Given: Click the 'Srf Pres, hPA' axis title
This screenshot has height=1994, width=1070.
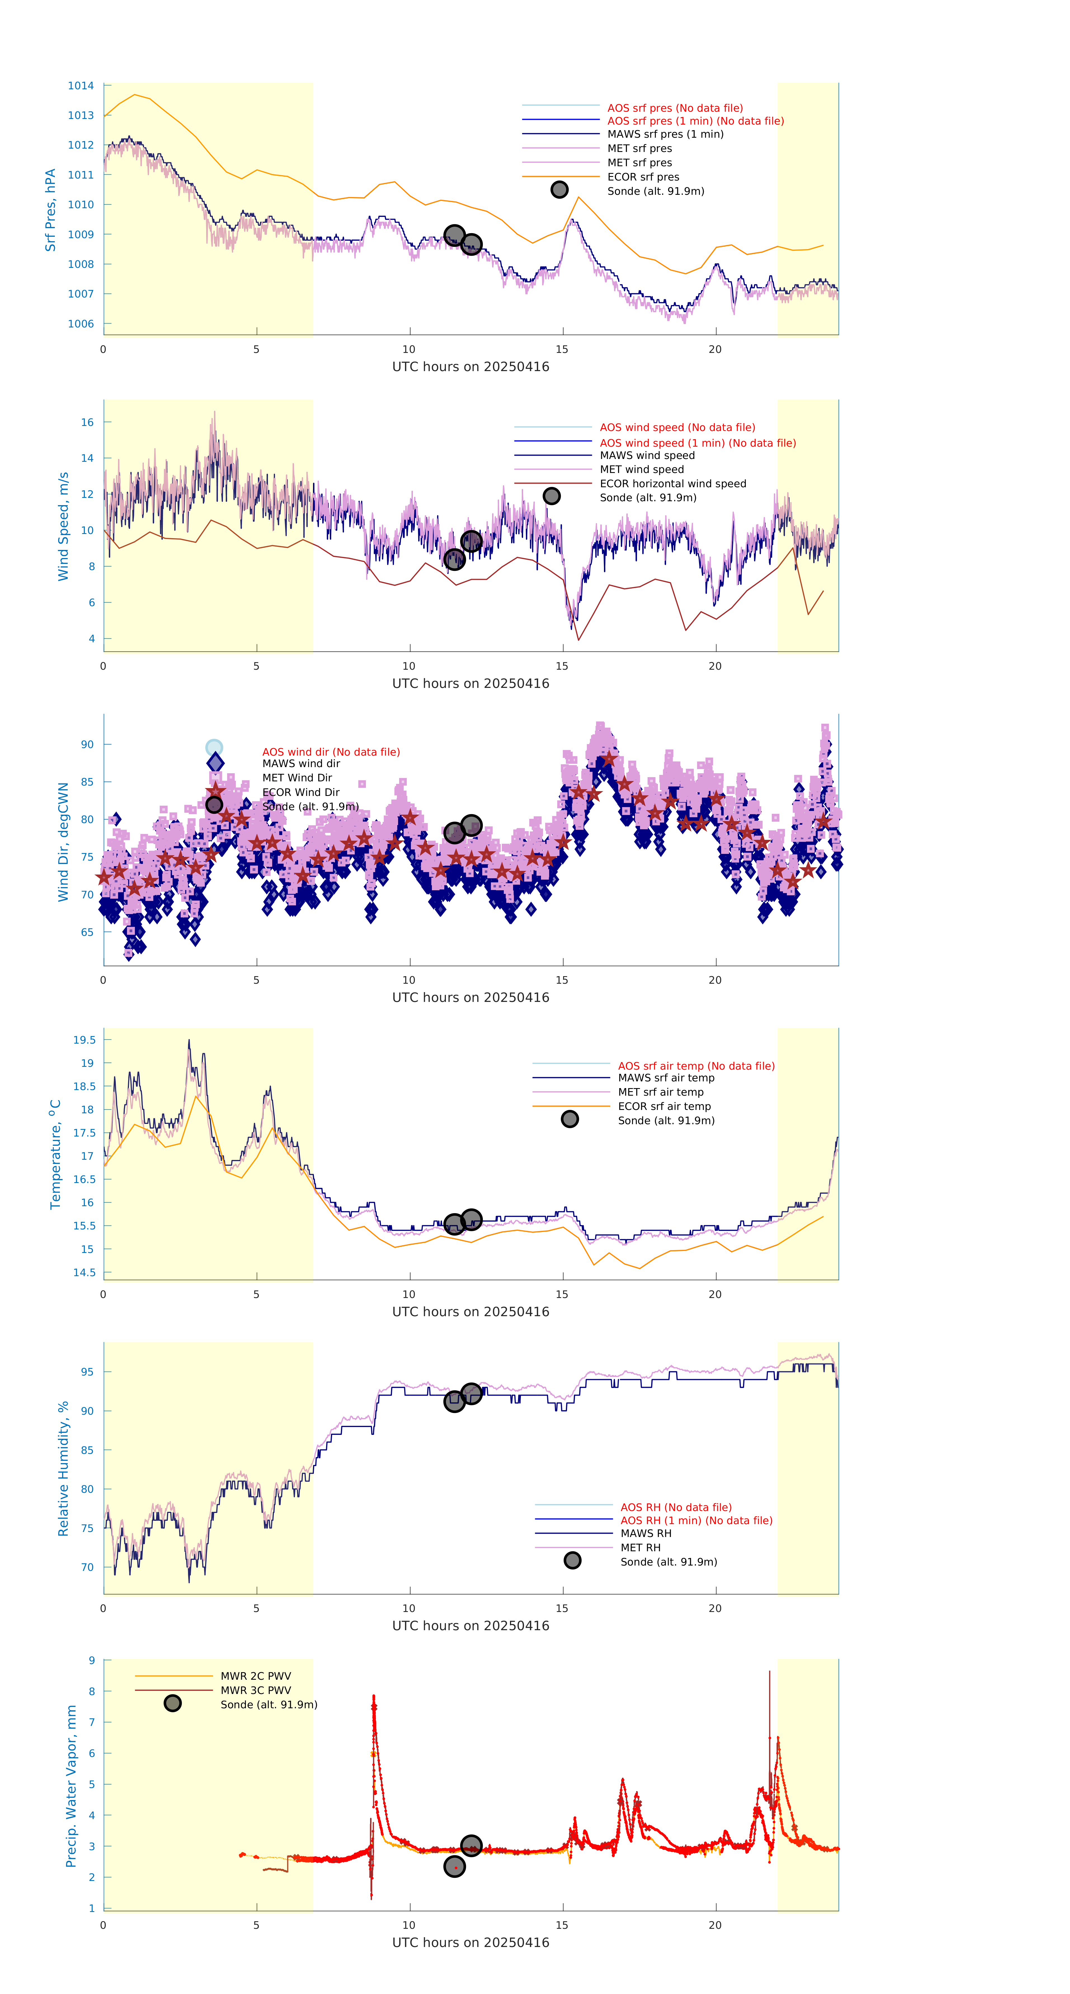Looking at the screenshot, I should [50, 210].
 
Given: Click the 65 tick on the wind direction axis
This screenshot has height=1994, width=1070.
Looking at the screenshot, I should [87, 932].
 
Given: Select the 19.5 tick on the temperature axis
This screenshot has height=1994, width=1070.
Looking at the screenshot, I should [84, 1040].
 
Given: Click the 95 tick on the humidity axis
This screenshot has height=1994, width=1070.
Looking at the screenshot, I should [87, 1372].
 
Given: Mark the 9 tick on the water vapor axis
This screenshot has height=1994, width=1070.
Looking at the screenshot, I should [91, 1660].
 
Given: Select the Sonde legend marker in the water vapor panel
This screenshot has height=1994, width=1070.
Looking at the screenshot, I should [173, 1703].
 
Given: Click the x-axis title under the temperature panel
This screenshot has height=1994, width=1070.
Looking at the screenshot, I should [471, 1311].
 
